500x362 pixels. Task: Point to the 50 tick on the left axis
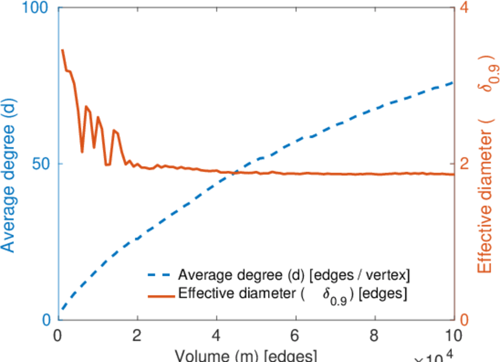(x=43, y=164)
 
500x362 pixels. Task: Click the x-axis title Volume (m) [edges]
(x=243, y=356)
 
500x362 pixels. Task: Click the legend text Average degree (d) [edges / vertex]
(x=294, y=276)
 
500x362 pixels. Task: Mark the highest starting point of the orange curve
(x=63, y=50)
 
